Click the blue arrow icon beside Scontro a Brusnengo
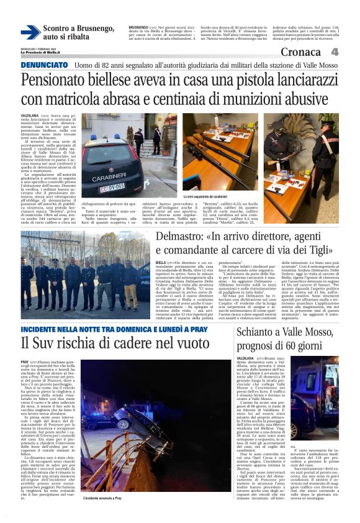pyautogui.click(x=30, y=32)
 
